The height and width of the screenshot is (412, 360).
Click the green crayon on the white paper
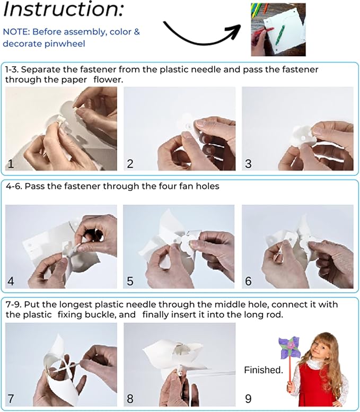click(x=279, y=34)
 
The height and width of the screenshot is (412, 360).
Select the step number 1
click(x=11, y=164)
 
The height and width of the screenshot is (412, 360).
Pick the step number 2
click(x=130, y=164)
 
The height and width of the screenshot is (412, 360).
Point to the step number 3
click(x=248, y=164)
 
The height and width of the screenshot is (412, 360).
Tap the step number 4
click(x=11, y=281)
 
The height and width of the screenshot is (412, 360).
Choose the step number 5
click(x=130, y=281)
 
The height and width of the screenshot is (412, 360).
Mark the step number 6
click(x=248, y=281)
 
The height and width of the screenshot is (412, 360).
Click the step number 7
click(x=11, y=399)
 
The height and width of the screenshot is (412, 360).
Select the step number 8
click(x=130, y=399)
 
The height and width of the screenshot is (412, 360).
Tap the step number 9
click(x=248, y=399)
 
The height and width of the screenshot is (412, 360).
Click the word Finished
click(x=264, y=370)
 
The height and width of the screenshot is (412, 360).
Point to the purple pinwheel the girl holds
click(x=289, y=347)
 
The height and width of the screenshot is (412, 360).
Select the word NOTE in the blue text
click(x=15, y=32)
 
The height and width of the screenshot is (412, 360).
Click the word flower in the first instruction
click(x=108, y=80)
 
